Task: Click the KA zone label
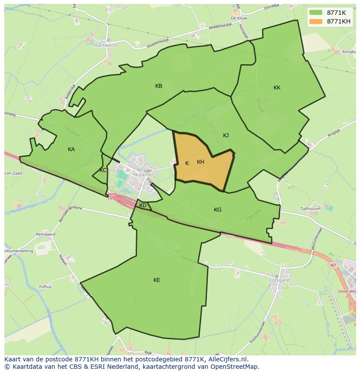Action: (x=71, y=149)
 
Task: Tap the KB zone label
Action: (x=159, y=86)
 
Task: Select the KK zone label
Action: (x=277, y=88)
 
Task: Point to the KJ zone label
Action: (x=226, y=136)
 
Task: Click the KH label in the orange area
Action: (x=200, y=162)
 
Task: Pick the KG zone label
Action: (x=217, y=210)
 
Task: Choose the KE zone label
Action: (x=157, y=280)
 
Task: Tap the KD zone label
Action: (x=143, y=205)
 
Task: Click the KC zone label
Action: (x=103, y=170)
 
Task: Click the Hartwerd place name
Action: (x=105, y=45)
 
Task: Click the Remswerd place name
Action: (x=46, y=234)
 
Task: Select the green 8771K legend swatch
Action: (x=316, y=13)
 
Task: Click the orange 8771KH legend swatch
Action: (x=316, y=21)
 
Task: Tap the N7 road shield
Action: (x=333, y=265)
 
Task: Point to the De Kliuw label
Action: (x=239, y=18)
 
